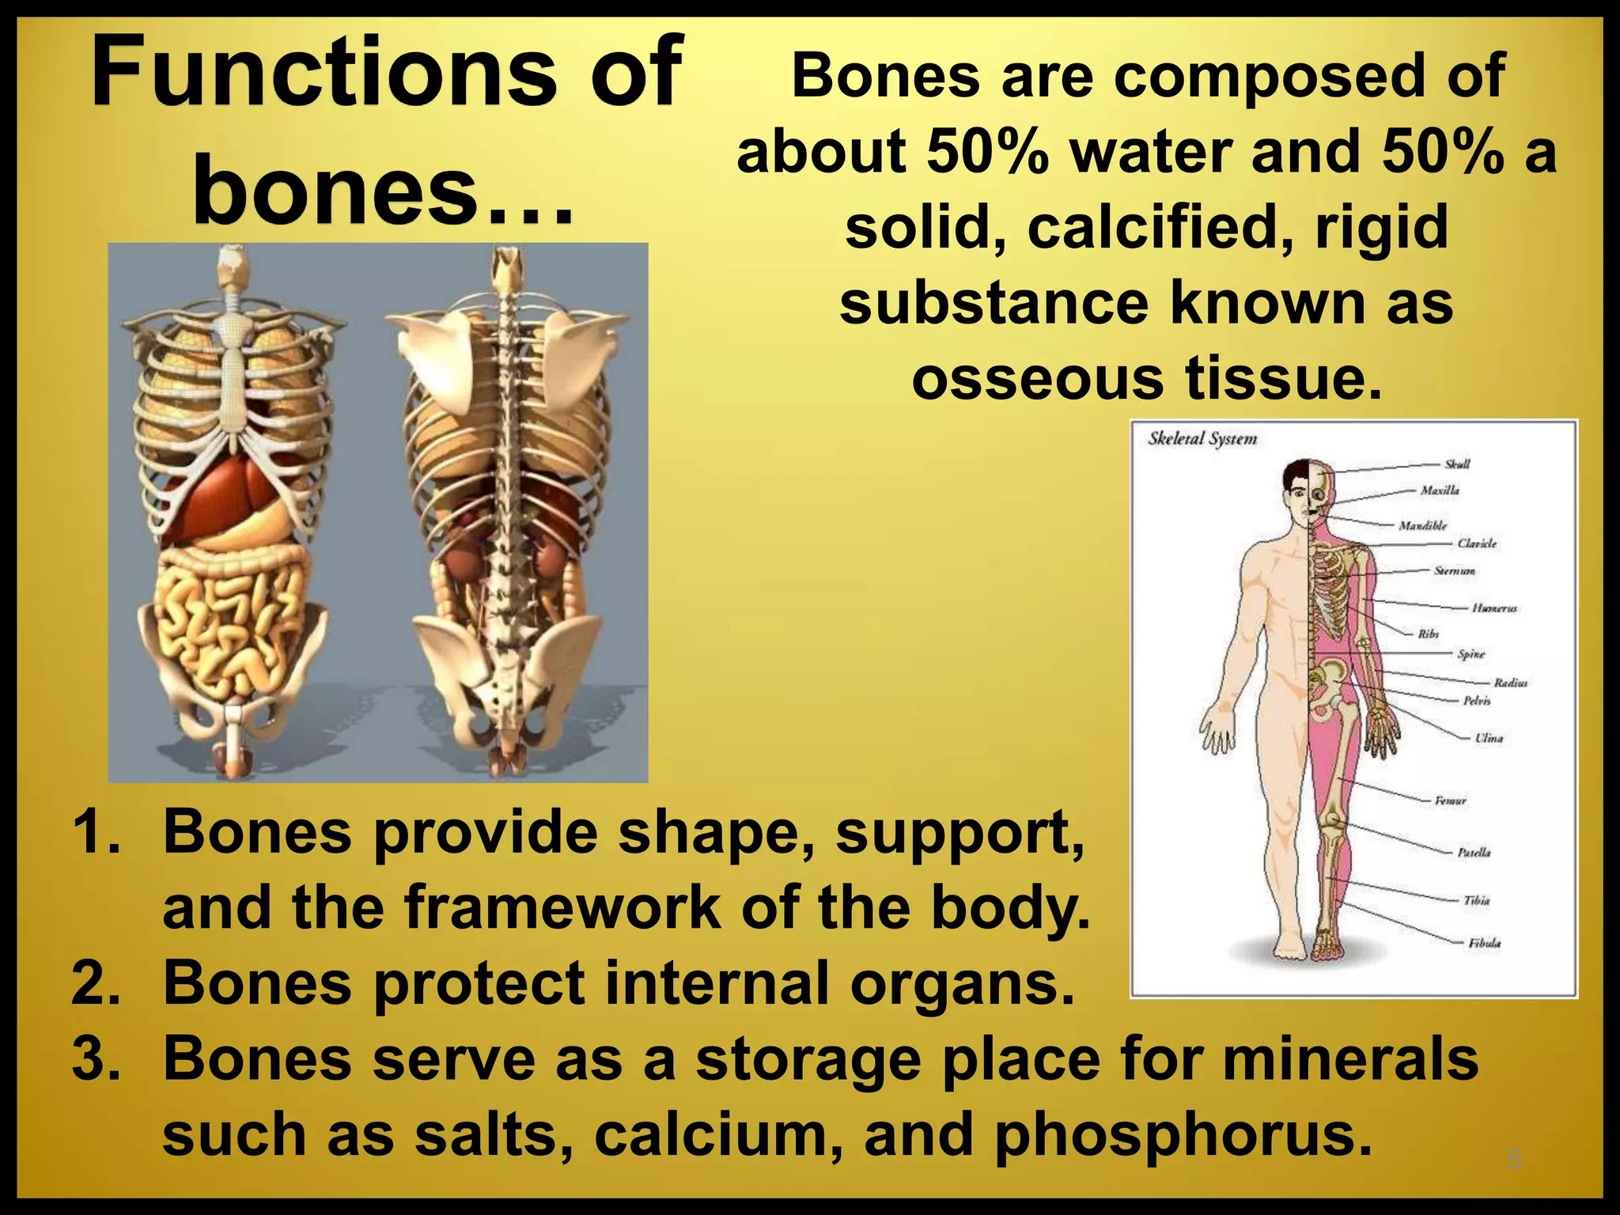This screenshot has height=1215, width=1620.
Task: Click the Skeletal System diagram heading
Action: [1202, 438]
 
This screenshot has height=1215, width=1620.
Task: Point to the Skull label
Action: [1456, 464]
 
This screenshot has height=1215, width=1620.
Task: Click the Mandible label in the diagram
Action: [1422, 525]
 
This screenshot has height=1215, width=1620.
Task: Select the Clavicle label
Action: [1476, 543]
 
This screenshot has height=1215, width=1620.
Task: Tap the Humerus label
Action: [1494, 608]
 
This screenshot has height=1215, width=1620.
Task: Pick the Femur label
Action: [1450, 801]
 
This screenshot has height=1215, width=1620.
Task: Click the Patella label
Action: [1474, 852]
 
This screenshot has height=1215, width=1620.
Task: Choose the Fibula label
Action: [1484, 943]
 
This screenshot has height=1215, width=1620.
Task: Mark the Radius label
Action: [1510, 683]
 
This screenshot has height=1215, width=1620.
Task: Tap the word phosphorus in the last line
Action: [1181, 1134]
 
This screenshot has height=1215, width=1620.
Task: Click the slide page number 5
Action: [1514, 1160]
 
